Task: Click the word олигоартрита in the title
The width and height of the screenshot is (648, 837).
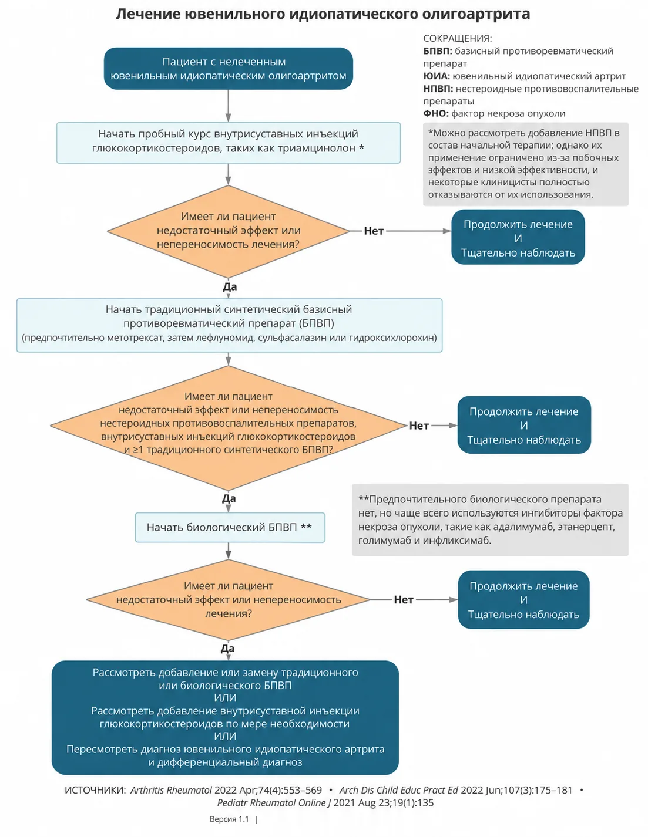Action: click(475, 14)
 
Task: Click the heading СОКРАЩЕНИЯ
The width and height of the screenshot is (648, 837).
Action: click(457, 39)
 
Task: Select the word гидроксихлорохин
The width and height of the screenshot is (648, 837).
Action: click(392, 338)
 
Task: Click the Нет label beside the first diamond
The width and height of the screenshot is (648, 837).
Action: click(373, 231)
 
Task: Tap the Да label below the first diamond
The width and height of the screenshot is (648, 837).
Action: click(229, 286)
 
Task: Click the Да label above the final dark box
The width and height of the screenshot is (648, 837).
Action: click(227, 649)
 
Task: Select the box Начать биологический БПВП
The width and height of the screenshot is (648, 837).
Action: click(230, 527)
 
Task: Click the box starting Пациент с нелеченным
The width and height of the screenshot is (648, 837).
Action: click(228, 69)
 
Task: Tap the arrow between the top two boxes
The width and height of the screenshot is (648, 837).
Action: click(228, 106)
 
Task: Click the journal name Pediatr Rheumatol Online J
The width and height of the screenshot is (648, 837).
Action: click(274, 803)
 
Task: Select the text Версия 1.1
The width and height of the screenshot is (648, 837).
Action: click(229, 819)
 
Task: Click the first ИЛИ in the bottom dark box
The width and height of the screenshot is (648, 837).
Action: click(225, 698)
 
